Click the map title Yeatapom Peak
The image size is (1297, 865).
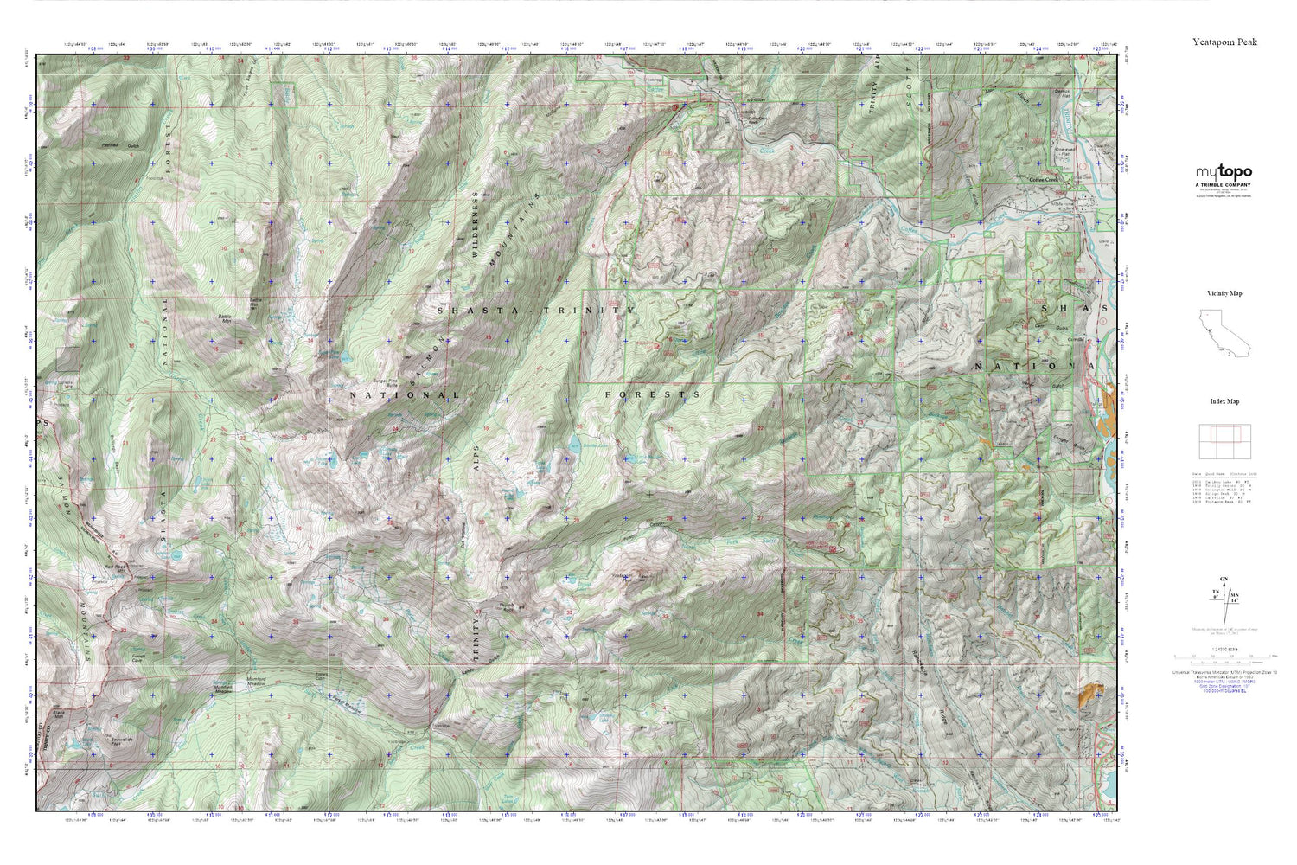coord(1224,42)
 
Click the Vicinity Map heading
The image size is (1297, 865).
coord(1224,293)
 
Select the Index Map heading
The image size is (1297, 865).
coord(1224,401)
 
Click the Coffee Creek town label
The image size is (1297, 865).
coord(1044,180)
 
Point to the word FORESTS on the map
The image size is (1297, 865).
coord(652,394)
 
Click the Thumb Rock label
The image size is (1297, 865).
coord(508,605)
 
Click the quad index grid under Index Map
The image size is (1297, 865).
coord(1224,442)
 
